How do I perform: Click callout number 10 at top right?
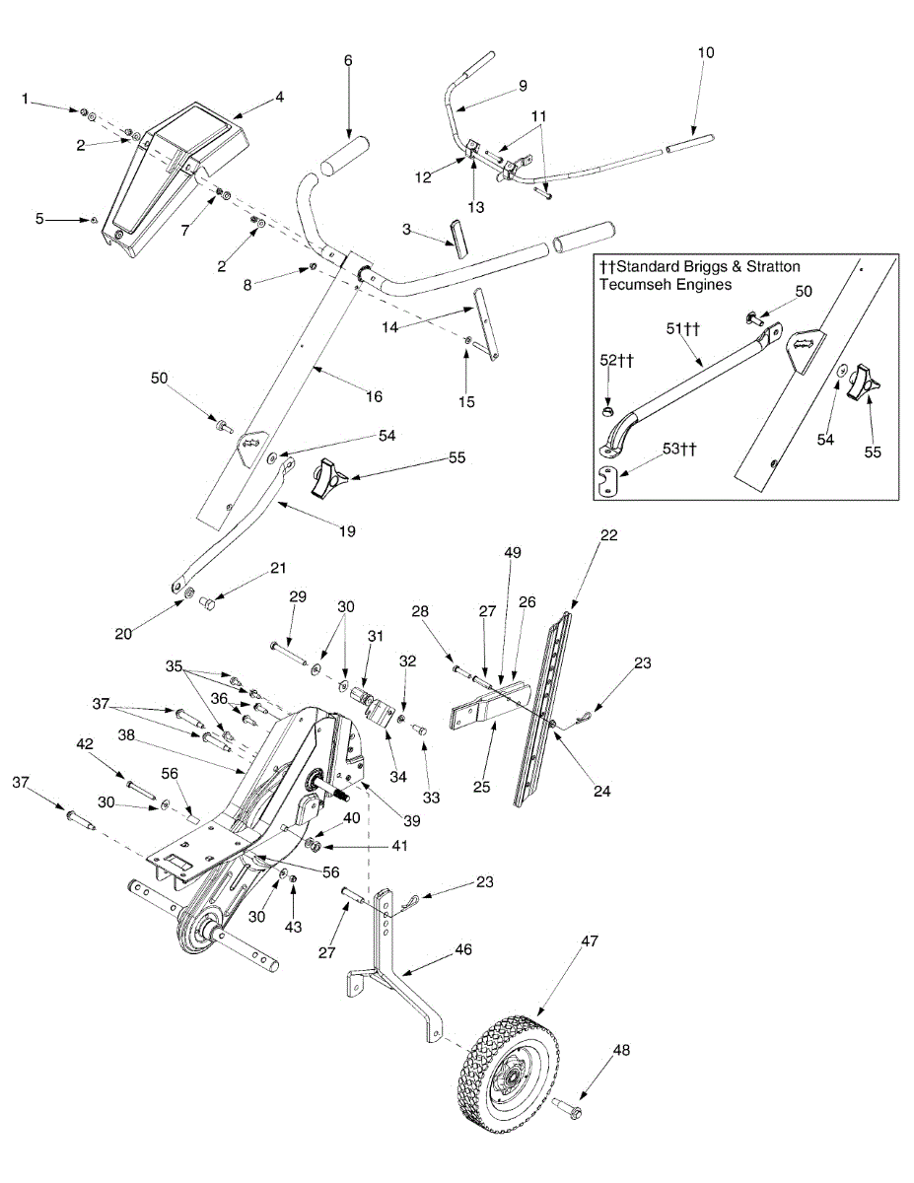[x=707, y=51]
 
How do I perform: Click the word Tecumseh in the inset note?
[x=633, y=284]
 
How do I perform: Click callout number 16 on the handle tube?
[x=374, y=396]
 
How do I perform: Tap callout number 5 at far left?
[x=39, y=219]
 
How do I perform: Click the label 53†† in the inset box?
[x=679, y=450]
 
